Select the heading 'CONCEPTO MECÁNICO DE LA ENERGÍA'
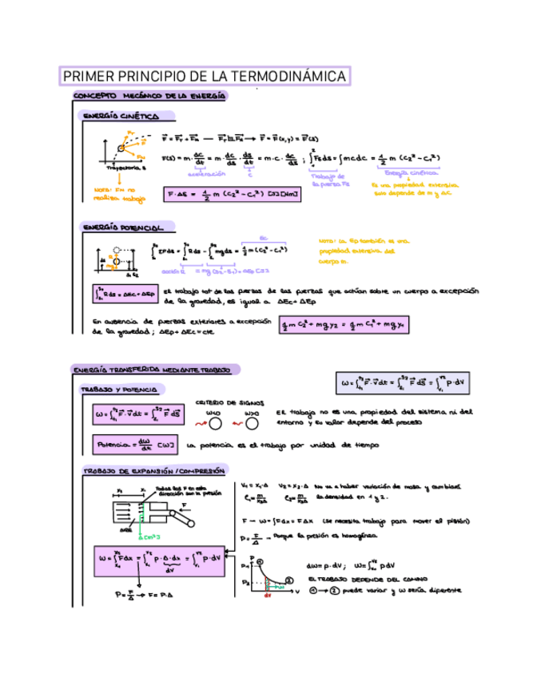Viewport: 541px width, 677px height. pos(149,97)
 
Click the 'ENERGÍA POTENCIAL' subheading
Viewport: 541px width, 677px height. pos(124,228)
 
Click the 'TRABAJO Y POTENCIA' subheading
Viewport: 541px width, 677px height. pos(121,390)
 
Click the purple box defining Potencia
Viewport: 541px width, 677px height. pos(136,445)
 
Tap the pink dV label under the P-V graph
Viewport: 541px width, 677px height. pos(269,595)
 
